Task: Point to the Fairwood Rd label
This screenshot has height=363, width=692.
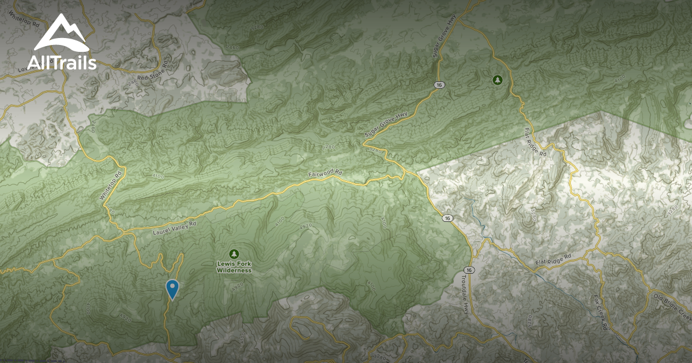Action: pos(325,174)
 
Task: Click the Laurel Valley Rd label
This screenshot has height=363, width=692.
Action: pos(175,228)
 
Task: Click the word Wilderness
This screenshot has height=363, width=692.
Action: pos(234,270)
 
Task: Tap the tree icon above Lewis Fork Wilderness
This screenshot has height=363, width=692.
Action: pos(234,254)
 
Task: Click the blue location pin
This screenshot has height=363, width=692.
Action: pos(172,289)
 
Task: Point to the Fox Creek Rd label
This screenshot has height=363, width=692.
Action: pos(601,313)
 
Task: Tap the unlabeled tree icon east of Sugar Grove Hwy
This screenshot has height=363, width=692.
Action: pos(496,80)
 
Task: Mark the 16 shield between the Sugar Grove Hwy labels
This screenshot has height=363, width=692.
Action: pos(440,85)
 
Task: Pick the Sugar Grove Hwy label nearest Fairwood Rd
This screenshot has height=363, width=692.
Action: pos(385,125)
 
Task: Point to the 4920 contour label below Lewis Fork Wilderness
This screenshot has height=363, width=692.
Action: pos(235,286)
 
